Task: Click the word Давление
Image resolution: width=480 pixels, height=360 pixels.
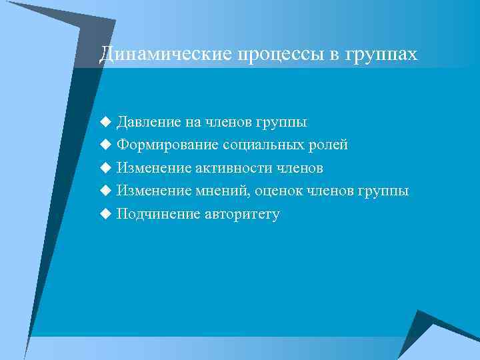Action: [x=149, y=123]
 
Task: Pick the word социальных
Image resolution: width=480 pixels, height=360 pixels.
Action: [x=255, y=145]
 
